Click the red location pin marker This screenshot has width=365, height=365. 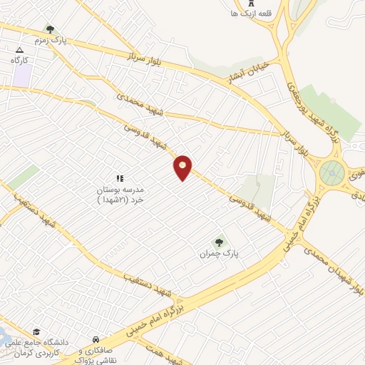(x=183, y=168)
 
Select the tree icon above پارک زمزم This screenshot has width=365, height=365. (x=50, y=29)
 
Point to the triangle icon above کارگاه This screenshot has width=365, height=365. (x=20, y=50)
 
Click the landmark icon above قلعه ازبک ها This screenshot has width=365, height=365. (x=250, y=11)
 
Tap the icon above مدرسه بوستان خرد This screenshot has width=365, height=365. (x=120, y=178)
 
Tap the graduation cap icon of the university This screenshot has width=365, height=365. (x=36, y=332)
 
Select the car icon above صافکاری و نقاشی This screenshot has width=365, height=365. (x=96, y=339)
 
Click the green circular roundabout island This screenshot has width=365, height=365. (x=331, y=171)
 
